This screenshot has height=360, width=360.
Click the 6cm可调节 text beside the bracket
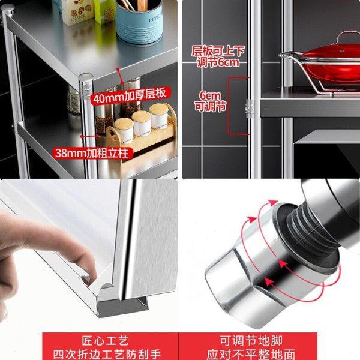(x=211, y=100)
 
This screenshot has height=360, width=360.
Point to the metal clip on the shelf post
(x=249, y=107)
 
